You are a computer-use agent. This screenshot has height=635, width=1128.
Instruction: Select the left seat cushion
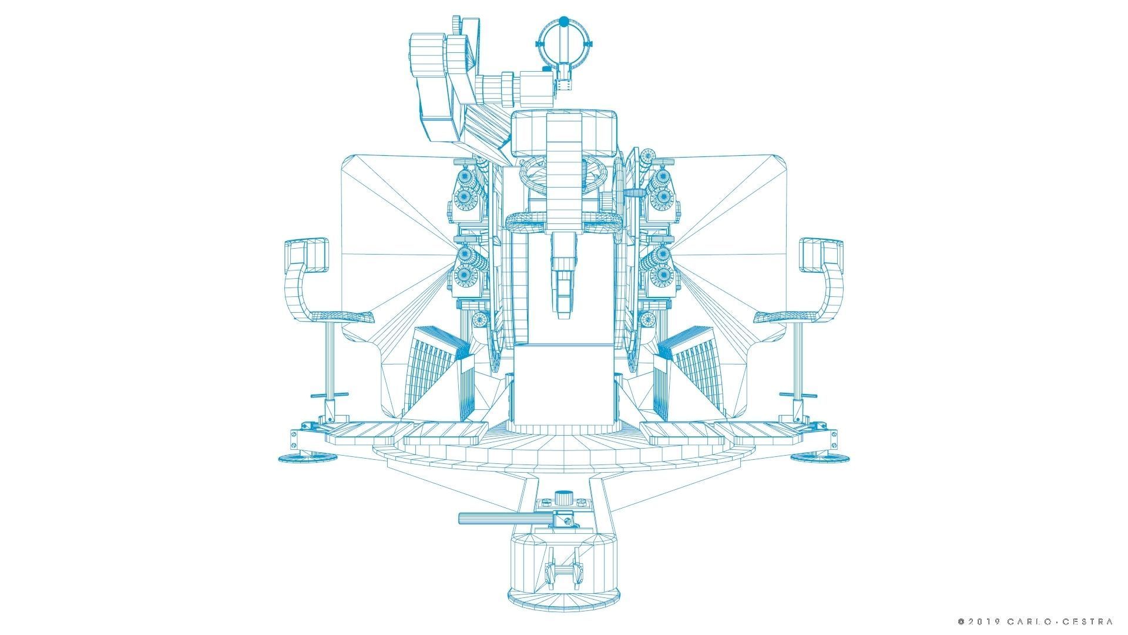click(340, 317)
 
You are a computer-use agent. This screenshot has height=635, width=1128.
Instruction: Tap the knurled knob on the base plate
click(564, 497)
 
